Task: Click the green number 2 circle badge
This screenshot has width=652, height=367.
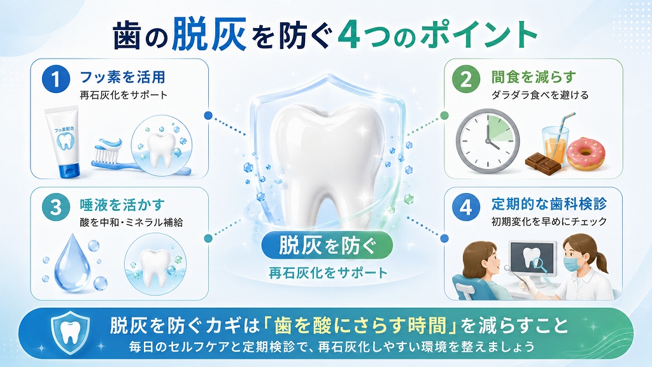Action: pyautogui.click(x=466, y=80)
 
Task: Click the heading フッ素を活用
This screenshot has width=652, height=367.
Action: pyautogui.click(x=123, y=77)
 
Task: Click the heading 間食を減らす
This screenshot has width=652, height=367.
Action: pyautogui.click(x=534, y=77)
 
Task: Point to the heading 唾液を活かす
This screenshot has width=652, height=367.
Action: pyautogui.click(x=123, y=205)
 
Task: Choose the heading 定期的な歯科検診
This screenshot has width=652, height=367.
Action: pyautogui.click(x=549, y=204)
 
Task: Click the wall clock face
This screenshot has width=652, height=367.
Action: pyautogui.click(x=488, y=141)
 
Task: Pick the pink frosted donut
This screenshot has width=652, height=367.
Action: pyautogui.click(x=586, y=153)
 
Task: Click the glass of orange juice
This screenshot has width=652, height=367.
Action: pyautogui.click(x=555, y=145)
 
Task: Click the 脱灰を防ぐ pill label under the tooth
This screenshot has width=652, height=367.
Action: pyautogui.click(x=327, y=245)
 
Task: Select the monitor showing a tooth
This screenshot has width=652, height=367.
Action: pyautogui.click(x=533, y=258)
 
